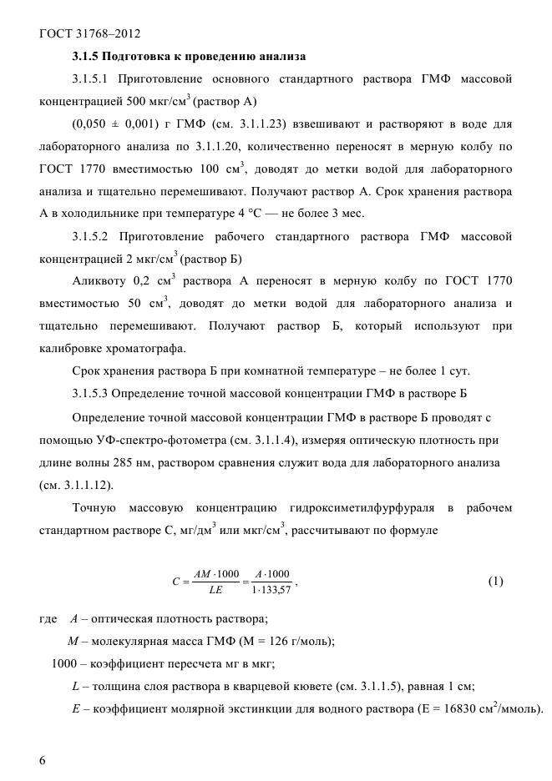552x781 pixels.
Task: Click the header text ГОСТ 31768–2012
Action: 89,34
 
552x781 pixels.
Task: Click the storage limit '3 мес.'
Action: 347,214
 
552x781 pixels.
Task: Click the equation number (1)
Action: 495,582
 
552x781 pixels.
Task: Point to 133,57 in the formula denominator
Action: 276,591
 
